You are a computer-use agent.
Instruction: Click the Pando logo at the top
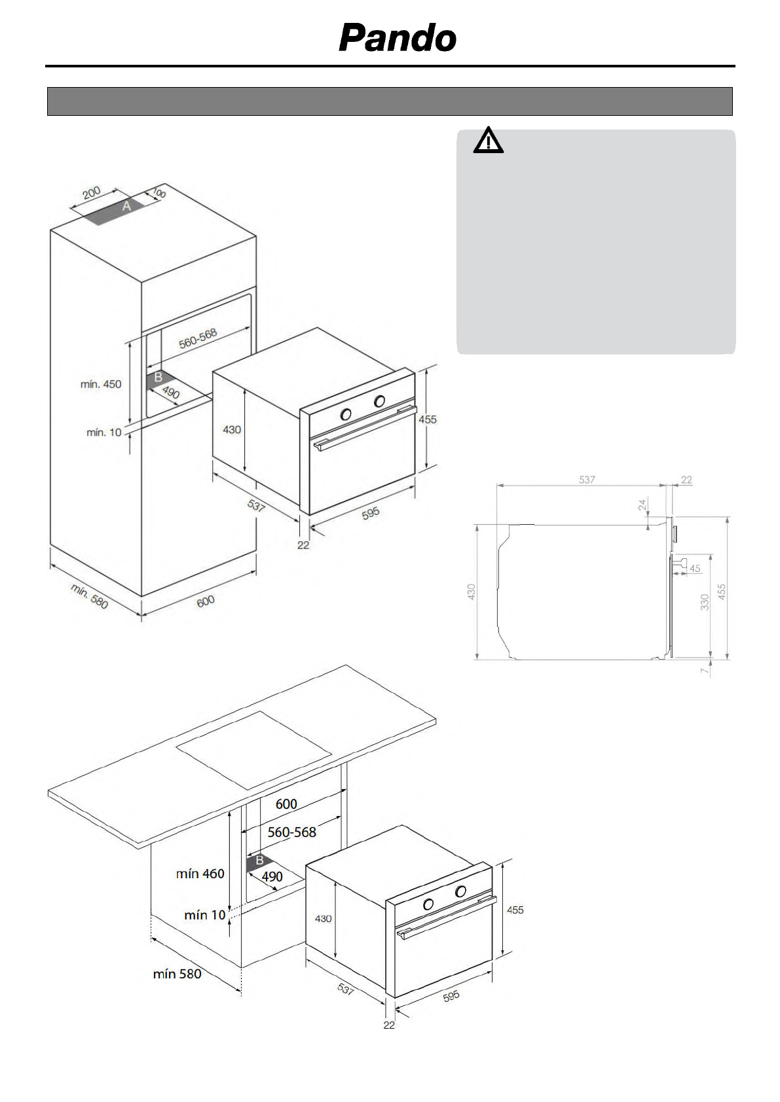click(398, 38)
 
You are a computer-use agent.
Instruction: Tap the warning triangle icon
click(488, 140)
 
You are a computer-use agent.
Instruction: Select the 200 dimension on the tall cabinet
click(91, 192)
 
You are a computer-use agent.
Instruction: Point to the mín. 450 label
click(101, 384)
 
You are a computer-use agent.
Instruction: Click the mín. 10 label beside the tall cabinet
click(104, 433)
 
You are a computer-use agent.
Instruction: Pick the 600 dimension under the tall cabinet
click(206, 601)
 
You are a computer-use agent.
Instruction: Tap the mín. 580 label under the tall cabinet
click(89, 596)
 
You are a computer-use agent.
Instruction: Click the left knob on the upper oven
click(346, 414)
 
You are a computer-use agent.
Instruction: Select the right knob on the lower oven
click(461, 891)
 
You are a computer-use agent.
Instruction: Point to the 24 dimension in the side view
click(642, 505)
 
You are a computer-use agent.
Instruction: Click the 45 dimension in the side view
click(695, 569)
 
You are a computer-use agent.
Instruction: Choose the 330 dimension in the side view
click(705, 602)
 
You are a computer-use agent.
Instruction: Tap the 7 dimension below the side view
click(705, 671)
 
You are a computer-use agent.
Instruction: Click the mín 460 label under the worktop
click(200, 874)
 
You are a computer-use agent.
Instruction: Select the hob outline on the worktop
click(254, 750)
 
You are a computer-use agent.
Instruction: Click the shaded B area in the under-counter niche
click(257, 862)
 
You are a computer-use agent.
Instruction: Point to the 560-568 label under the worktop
click(291, 832)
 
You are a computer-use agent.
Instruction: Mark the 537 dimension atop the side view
click(587, 480)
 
